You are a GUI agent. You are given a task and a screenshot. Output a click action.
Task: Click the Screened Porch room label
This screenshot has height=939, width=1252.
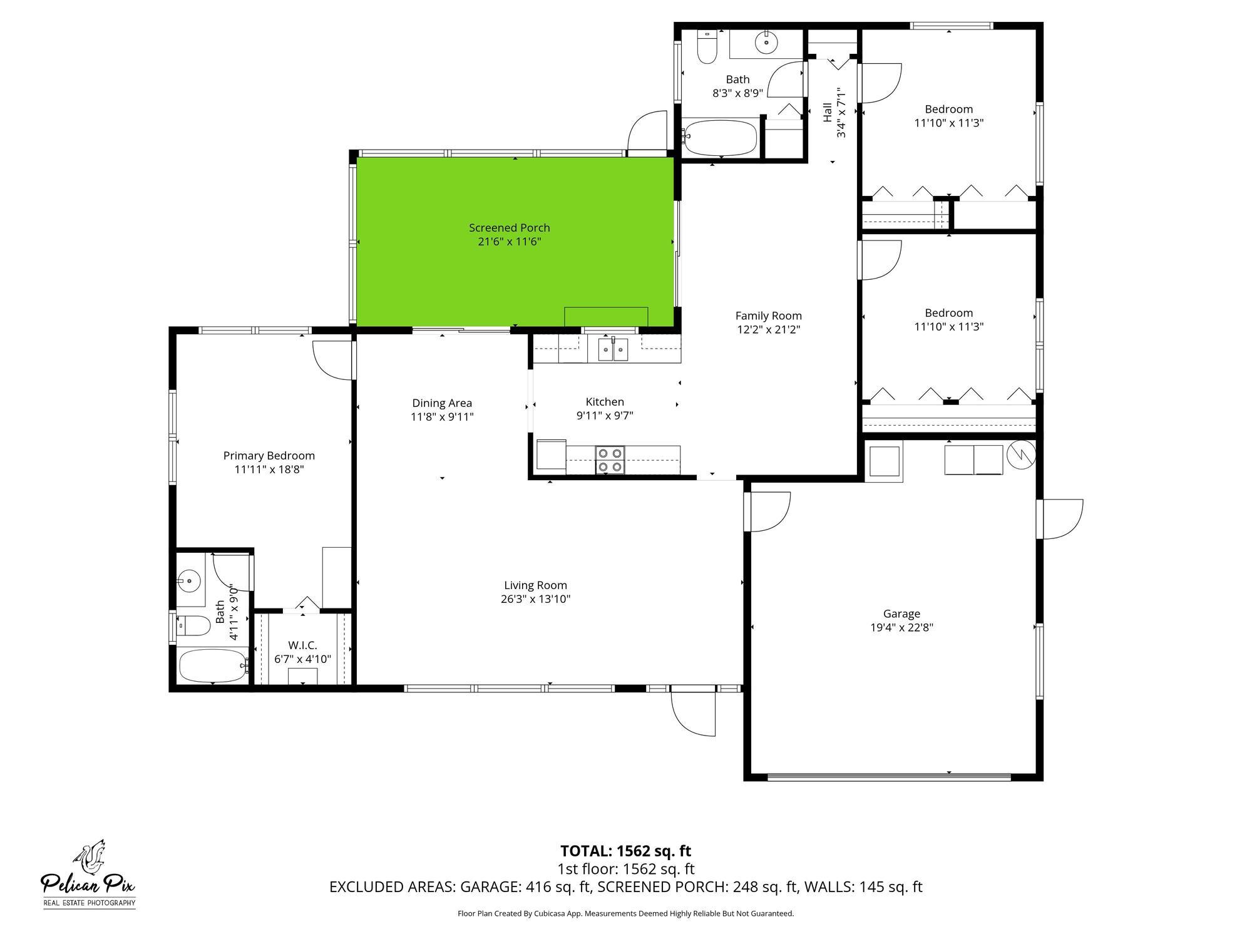(x=509, y=228)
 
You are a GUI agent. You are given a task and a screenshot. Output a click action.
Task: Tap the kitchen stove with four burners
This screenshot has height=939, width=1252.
(x=610, y=459)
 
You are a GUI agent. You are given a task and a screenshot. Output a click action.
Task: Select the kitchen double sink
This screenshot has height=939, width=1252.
(x=613, y=349)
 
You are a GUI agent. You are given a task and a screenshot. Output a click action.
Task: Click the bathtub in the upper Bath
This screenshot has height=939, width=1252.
(x=721, y=138)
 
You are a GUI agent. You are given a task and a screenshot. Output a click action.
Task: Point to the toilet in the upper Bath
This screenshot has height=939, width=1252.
(x=707, y=49)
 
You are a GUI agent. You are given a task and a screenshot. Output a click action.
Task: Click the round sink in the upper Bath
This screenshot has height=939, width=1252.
(x=766, y=43)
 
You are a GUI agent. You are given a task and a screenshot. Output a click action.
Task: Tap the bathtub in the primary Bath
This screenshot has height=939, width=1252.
(x=213, y=665)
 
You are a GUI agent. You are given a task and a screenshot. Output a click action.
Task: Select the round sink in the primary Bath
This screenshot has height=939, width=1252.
(x=188, y=580)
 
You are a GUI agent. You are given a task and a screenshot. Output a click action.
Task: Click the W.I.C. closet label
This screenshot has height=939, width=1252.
(x=302, y=645)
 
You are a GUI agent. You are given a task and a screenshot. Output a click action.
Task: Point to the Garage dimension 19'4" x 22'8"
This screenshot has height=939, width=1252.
(x=901, y=628)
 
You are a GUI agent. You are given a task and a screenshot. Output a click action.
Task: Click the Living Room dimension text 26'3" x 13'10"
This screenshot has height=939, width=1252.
(x=535, y=599)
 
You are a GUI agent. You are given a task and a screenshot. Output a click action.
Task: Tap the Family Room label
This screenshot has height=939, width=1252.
(x=768, y=316)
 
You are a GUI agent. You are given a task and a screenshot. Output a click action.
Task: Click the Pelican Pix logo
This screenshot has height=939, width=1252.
(x=88, y=874)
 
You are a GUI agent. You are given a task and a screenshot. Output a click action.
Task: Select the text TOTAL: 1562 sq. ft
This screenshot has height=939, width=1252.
(x=625, y=851)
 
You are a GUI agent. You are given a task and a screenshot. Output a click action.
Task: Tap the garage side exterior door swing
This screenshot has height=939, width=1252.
(x=1060, y=519)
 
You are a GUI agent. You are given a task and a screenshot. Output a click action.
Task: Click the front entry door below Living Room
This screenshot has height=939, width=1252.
(x=693, y=711)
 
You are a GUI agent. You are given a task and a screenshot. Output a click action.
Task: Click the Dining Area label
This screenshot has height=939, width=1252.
(x=442, y=403)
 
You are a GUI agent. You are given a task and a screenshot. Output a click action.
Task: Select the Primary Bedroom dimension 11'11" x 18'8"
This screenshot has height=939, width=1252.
(x=269, y=469)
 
